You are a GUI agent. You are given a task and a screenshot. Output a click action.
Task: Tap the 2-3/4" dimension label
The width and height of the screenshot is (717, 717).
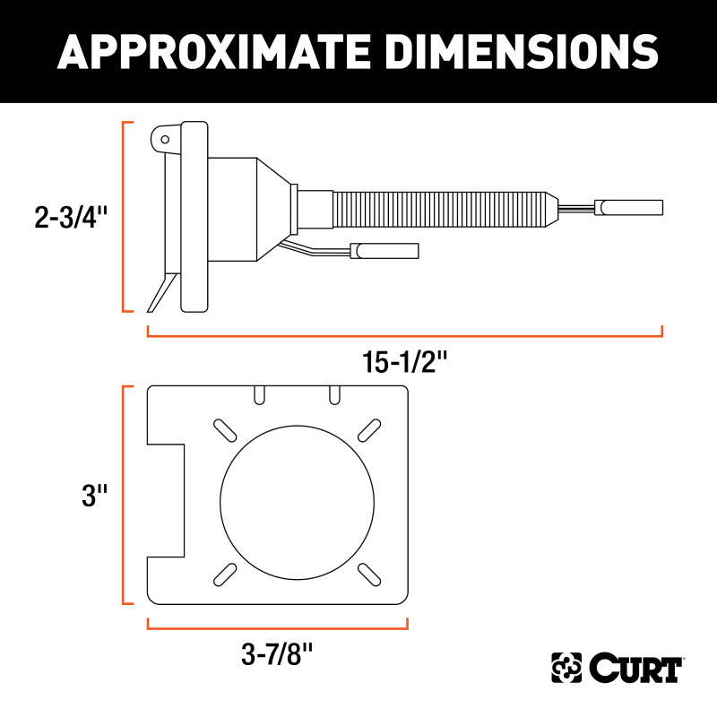click(71, 217)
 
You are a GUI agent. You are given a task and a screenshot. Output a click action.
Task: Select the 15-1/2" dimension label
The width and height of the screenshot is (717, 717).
click(405, 362)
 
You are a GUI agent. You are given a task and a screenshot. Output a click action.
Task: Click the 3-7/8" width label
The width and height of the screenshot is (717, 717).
click(277, 654)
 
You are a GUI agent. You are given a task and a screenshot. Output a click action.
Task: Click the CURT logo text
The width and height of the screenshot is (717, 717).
click(636, 668)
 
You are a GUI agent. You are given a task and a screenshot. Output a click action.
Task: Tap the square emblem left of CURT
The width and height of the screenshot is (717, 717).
click(566, 668)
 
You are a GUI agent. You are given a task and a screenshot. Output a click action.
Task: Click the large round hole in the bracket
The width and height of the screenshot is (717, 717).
click(298, 503)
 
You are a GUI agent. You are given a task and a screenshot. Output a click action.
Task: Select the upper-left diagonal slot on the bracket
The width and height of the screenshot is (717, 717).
click(225, 430)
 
